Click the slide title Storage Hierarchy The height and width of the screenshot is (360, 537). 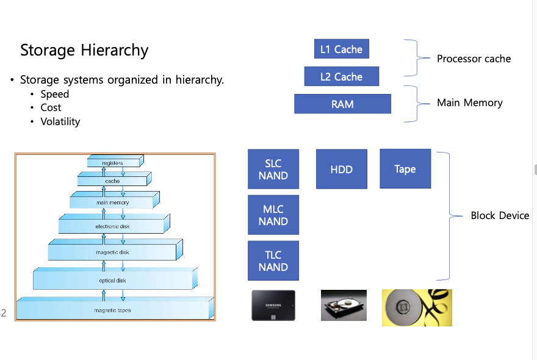84,50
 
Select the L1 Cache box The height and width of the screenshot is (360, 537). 341,49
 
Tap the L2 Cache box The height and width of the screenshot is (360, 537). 341,77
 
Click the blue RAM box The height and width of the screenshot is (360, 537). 342,104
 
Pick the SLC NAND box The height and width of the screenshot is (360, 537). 273,169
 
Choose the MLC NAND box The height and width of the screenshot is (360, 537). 273,215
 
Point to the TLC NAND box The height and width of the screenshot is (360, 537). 273,261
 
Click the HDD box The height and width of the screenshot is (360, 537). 341,169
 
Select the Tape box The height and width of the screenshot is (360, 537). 405,168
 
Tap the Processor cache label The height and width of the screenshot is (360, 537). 474,59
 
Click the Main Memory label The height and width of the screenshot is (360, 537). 469,103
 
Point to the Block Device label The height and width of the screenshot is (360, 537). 499,215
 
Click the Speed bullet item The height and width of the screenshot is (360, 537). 54,94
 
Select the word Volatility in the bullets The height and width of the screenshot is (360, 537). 60,121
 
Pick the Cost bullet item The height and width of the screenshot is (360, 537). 51,107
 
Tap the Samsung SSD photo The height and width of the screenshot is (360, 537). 273,305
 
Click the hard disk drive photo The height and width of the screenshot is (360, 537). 344,305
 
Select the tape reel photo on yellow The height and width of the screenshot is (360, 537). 417,308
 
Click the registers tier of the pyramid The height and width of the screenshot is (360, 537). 113,163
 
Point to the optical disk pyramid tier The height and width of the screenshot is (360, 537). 112,280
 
